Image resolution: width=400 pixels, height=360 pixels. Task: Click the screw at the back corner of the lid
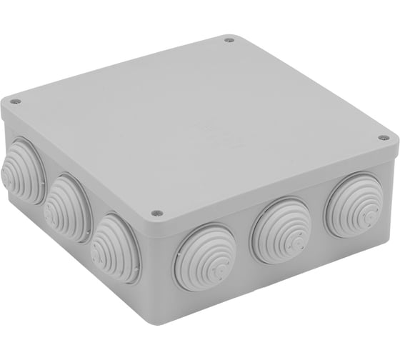click(x=229, y=41)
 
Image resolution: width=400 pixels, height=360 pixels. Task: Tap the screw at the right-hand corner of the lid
click(x=383, y=137)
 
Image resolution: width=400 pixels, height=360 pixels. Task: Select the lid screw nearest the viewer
click(x=156, y=212)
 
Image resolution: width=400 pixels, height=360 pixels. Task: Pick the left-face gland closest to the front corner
click(x=115, y=246)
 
